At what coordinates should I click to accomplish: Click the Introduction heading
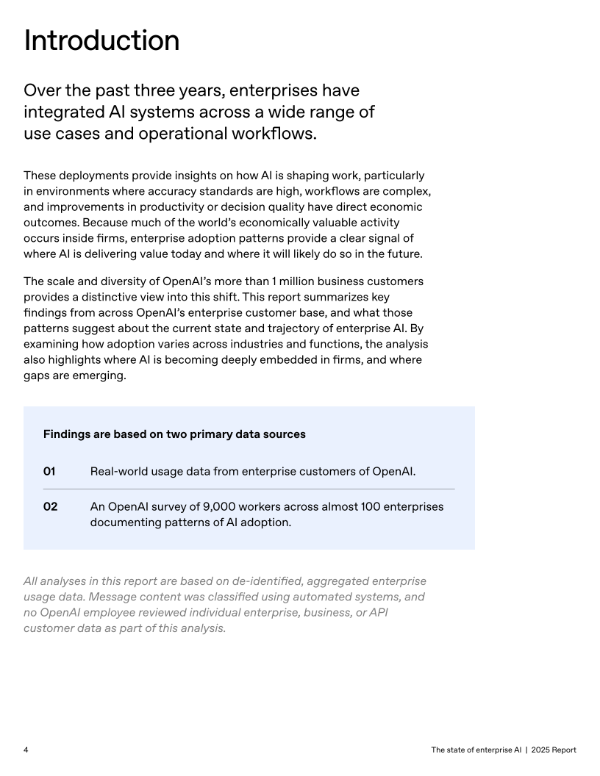pos(101,41)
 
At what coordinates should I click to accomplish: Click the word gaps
pos(37,375)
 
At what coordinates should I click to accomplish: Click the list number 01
pos(50,471)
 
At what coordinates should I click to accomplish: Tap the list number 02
pos(50,507)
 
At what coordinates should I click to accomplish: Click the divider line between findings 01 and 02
pos(249,489)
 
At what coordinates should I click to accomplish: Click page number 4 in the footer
pos(26,750)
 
